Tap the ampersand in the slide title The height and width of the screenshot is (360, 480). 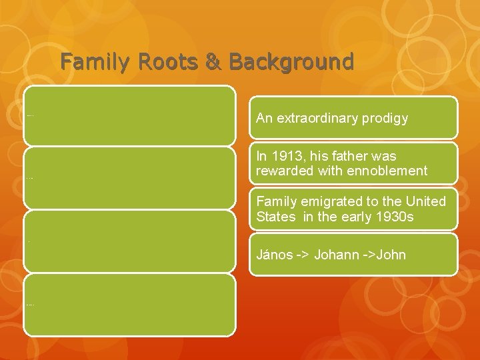pos(214,62)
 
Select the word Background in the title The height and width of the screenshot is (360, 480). pos(291,62)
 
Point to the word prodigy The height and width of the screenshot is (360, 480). pos(382,119)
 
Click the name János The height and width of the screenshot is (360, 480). pos(274,255)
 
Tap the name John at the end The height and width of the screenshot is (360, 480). pos(392,255)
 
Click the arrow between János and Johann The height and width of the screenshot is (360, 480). pos(303,255)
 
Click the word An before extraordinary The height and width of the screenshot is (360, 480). pos(264,119)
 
